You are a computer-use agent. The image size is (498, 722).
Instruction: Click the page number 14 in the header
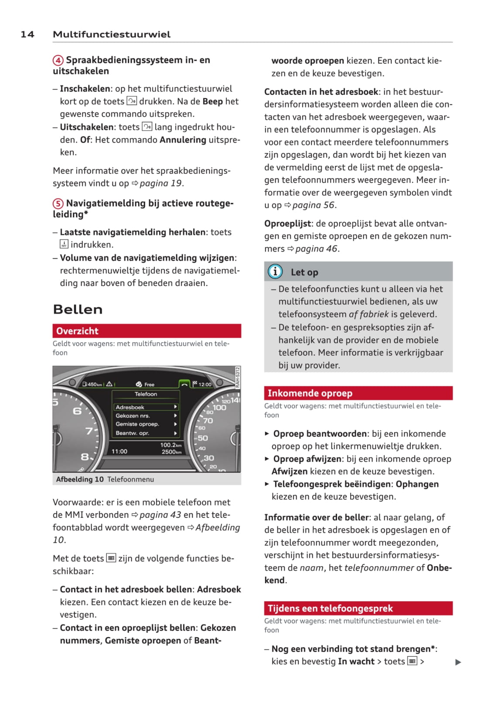coord(27,34)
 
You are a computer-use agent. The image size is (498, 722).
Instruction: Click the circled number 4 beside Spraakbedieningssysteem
coord(58,60)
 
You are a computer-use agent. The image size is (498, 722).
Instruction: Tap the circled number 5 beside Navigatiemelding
coord(58,204)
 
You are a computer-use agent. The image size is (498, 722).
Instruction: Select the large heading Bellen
coord(78,309)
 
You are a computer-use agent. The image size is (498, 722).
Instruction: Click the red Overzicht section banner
coord(147,331)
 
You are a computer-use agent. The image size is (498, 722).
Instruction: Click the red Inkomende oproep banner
coord(358,393)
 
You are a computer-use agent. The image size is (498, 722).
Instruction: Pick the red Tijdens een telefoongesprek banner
coord(358,609)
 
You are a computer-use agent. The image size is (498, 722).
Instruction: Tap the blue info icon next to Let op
coord(275,272)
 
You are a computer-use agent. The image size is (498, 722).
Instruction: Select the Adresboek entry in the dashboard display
coord(130,407)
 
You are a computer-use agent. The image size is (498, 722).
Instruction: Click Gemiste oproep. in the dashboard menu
coord(137,424)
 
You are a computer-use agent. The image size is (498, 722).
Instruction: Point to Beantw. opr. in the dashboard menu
coord(132,433)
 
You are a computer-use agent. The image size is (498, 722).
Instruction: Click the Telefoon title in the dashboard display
coord(146,394)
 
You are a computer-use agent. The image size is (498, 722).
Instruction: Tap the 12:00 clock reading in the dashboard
coord(205,385)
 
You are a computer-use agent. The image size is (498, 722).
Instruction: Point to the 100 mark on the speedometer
coord(219,408)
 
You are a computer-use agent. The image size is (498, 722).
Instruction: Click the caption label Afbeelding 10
coord(80,479)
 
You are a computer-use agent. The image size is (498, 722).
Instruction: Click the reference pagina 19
coord(160,183)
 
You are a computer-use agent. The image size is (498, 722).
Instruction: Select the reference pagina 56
coord(314,205)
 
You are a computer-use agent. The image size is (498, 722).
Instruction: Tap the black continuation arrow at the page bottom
coord(458,662)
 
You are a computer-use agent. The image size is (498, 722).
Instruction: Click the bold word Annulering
coord(183,140)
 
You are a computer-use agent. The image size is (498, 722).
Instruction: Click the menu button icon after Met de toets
coord(111,558)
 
